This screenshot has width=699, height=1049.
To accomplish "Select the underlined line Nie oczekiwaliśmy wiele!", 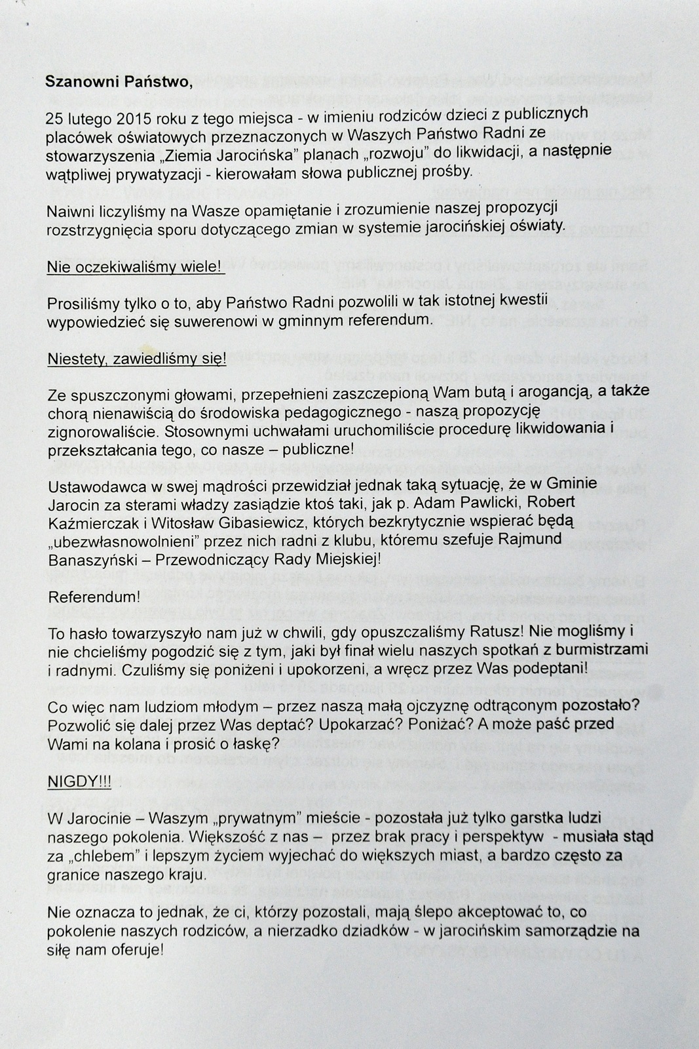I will pos(136,267).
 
